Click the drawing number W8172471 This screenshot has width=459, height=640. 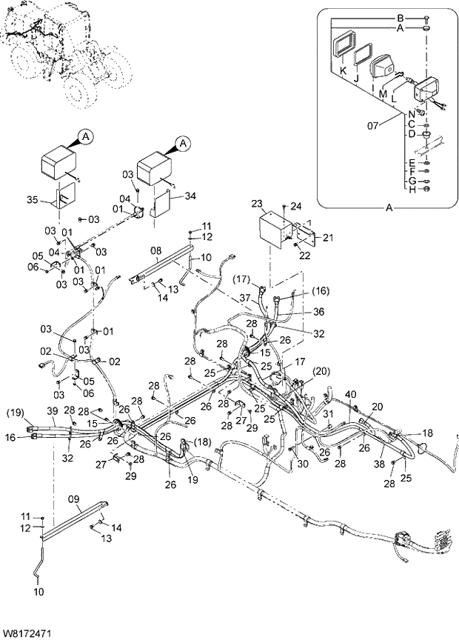[27, 633]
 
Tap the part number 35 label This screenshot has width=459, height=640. [31, 199]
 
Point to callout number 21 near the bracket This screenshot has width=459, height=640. [327, 237]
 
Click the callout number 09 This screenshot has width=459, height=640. [73, 499]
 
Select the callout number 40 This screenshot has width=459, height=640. [351, 394]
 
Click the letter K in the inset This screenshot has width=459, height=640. [343, 70]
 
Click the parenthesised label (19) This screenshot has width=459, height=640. [16, 412]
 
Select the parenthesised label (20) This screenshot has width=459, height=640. [320, 371]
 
